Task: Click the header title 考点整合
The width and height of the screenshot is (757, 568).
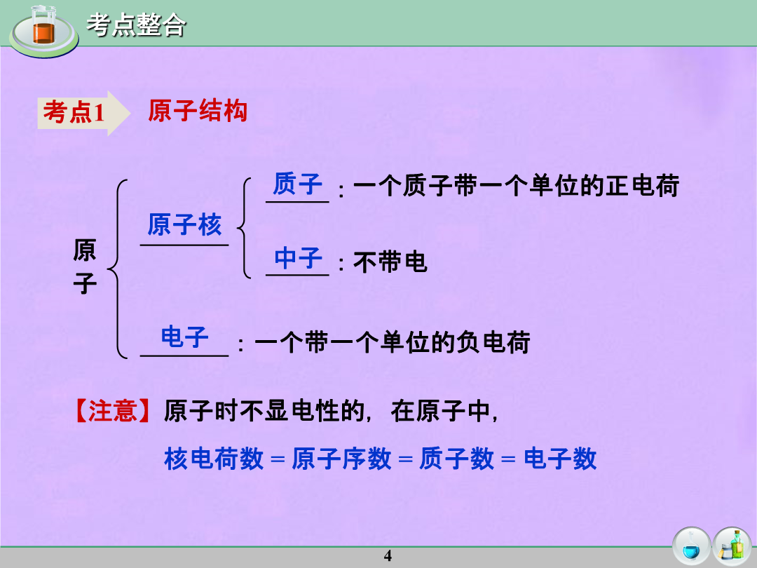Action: click(136, 25)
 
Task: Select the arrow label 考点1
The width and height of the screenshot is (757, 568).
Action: click(74, 112)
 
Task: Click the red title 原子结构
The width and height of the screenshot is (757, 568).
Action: click(198, 111)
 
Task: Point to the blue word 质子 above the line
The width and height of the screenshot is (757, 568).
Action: click(297, 184)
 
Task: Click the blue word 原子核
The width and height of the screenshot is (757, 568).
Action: click(184, 225)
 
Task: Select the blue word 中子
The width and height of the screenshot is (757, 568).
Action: click(299, 258)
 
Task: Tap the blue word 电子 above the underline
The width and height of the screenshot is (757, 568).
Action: click(184, 337)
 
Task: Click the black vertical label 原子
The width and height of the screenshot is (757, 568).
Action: click(85, 266)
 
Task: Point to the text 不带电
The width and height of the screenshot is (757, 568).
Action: click(390, 262)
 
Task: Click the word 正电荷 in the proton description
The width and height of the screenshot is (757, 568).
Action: click(643, 185)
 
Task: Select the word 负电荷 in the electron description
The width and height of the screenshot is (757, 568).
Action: click(493, 342)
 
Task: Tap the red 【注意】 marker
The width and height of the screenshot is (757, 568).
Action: click(112, 411)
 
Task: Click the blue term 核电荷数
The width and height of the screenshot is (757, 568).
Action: click(214, 459)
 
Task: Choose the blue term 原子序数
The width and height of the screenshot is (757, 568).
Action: click(341, 459)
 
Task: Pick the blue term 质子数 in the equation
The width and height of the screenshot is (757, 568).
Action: click(457, 459)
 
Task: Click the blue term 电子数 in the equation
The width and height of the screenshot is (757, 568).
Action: click(561, 459)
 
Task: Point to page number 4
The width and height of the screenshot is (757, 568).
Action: click(388, 556)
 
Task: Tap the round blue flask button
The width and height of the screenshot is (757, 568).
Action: click(691, 546)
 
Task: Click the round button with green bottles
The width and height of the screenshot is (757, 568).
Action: click(732, 546)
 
